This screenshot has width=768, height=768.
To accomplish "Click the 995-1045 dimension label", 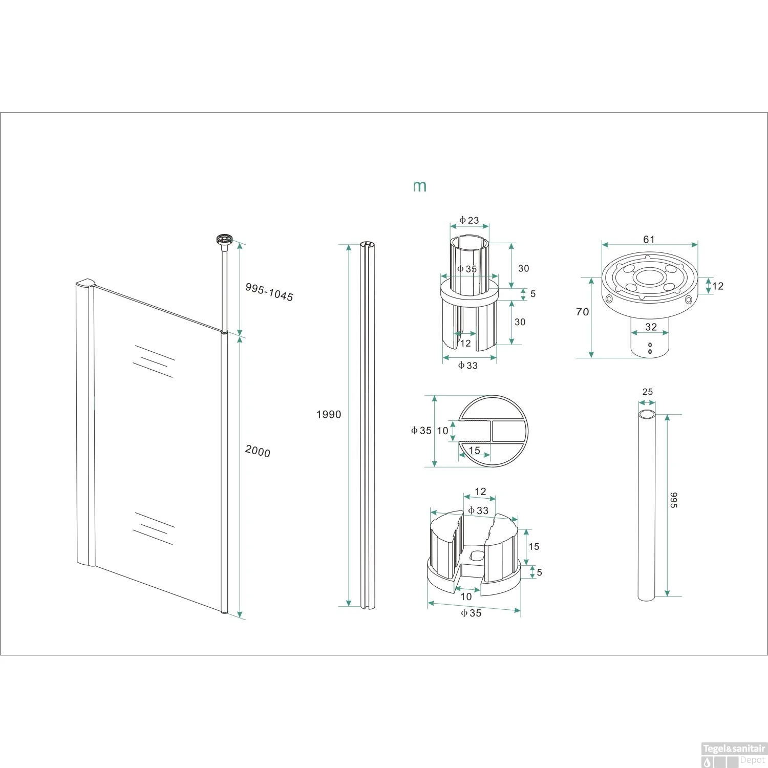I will pos(269,292).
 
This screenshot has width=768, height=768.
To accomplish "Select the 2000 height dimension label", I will pos(258,451).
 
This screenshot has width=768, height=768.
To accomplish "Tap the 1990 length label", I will pos(328,414).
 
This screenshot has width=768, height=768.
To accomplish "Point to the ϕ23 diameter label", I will pos(469,220).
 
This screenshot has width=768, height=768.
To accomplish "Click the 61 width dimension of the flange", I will pos(649,239).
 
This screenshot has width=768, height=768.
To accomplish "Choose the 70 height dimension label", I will pos(582,312).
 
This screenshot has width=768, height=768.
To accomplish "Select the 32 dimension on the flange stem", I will pos(650,327).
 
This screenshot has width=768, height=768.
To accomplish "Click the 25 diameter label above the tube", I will pos(647,392).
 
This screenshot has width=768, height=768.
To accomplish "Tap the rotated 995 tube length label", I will pos(673,500).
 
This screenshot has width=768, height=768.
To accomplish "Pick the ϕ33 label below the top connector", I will pos(468,365).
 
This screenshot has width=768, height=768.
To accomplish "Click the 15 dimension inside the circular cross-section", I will pos(474,450).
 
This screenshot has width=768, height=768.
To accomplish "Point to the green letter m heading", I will pos(420,186).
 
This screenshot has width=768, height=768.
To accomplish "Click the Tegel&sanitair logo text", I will pos(734,749).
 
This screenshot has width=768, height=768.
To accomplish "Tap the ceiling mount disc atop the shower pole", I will pos(225,239).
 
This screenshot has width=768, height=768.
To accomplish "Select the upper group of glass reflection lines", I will pos(153,361).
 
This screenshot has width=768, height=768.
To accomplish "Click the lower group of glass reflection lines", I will pos(153,528).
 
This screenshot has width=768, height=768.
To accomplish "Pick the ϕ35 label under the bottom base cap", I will pos(471,613).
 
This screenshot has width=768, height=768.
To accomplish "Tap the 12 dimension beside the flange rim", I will pos(718,286).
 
